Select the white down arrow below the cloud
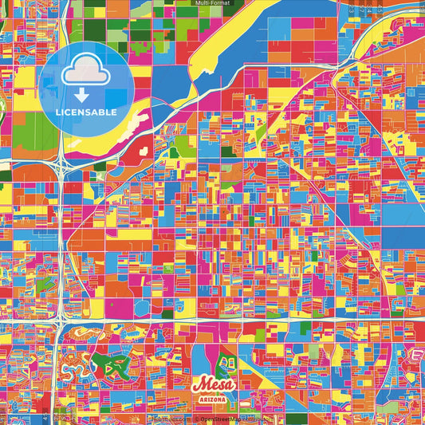pyautogui.click(x=86, y=96)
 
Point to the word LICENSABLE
pyautogui.click(x=86, y=112)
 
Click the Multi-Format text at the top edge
pyautogui.click(x=212, y=3)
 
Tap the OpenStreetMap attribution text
pyautogui.click(x=231, y=418)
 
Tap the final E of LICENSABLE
pyautogui.click(x=114, y=112)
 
